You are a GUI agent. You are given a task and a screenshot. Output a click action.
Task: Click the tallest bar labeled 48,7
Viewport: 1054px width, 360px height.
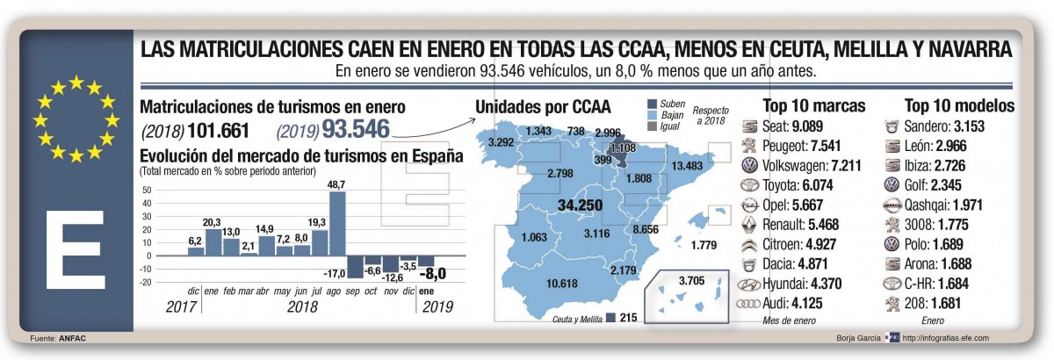point(337,224)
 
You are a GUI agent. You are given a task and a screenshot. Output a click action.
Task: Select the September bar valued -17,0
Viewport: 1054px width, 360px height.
point(355,267)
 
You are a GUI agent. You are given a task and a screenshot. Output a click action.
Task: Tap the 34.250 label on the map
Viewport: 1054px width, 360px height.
point(581,205)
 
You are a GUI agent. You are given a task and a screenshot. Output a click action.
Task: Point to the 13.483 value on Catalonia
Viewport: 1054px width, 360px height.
point(687,166)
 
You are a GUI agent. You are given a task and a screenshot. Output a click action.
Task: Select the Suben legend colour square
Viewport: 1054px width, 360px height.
point(652,104)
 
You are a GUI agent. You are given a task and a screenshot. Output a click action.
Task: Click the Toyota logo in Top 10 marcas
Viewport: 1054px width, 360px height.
point(749,185)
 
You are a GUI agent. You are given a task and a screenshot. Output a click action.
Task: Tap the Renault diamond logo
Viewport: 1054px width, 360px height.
point(748,225)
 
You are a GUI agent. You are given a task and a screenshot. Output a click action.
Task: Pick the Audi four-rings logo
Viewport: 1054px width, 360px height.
point(748,304)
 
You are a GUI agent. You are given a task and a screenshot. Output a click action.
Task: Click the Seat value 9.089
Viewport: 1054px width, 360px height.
point(807,126)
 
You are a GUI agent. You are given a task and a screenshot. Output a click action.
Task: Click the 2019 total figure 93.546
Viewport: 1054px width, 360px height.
point(357,129)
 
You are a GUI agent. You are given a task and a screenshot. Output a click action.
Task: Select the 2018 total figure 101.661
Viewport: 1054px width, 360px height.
point(218,131)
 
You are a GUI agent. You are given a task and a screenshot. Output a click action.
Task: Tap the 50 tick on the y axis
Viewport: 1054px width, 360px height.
point(147,191)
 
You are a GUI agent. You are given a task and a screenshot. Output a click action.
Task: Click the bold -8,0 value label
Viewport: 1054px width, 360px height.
point(432,273)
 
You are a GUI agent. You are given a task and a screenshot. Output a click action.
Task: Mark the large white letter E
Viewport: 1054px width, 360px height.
point(76,249)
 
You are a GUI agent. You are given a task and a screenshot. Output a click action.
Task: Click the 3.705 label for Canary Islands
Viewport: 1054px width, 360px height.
point(692,281)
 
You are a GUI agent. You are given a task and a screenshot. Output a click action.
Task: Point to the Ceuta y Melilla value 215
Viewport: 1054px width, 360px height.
point(628,318)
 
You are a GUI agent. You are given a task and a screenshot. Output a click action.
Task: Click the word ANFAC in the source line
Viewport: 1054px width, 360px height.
point(72,338)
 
